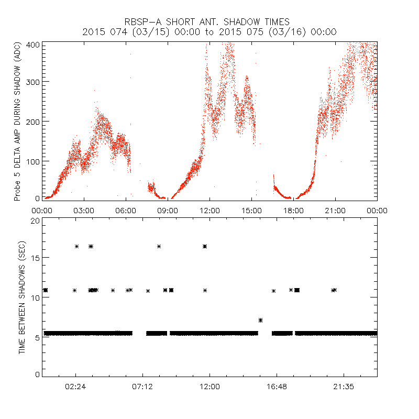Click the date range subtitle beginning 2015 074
click(210, 32)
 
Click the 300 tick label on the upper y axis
click(34, 82)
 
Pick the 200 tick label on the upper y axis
click(34, 121)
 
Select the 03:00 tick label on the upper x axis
click(84, 210)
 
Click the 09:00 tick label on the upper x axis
click(168, 210)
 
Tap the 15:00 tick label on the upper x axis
click(251, 210)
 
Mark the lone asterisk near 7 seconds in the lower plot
click(260, 320)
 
